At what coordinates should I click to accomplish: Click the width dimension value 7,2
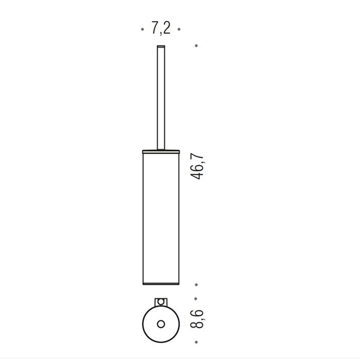[x=160, y=29]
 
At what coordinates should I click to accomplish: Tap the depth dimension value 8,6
[x=197, y=319]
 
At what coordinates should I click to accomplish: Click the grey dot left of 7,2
[x=142, y=30]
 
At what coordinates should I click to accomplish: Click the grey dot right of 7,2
[x=179, y=30]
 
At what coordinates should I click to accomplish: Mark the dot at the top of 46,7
[x=196, y=46]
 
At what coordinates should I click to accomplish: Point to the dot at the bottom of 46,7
[x=196, y=284]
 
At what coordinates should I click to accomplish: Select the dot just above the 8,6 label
[x=196, y=298]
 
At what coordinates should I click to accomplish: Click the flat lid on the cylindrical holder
[x=160, y=151]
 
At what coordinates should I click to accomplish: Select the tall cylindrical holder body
[x=160, y=216]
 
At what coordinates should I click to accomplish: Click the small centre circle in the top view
[x=160, y=323]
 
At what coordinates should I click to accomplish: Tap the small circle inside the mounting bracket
[x=160, y=301]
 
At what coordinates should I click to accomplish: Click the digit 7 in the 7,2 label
[x=155, y=29]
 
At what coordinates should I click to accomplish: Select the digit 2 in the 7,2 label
[x=166, y=29]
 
